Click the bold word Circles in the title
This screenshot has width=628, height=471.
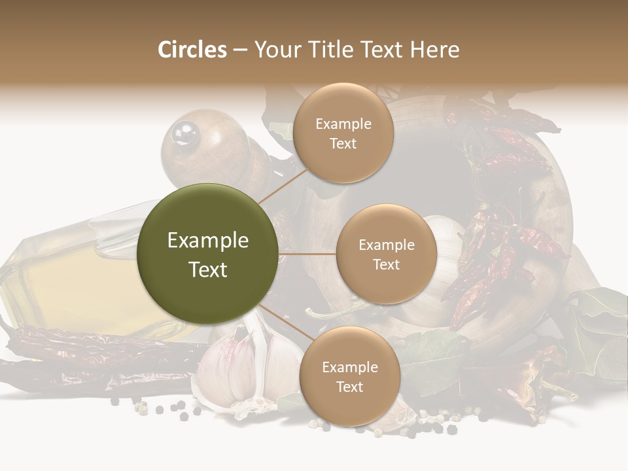coord(192,50)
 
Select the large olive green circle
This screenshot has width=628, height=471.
coord(207,254)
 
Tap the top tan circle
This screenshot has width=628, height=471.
coord(343,133)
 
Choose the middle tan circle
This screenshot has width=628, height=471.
coord(386,254)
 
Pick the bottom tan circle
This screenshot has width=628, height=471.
coord(349,376)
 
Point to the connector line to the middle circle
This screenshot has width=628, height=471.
coord(307,254)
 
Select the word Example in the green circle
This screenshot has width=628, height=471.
coord(207,241)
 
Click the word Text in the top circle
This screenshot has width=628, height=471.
coord(343,143)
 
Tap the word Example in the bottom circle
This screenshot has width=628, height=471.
coord(349,367)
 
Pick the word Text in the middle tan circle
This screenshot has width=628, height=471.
coord(386,264)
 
